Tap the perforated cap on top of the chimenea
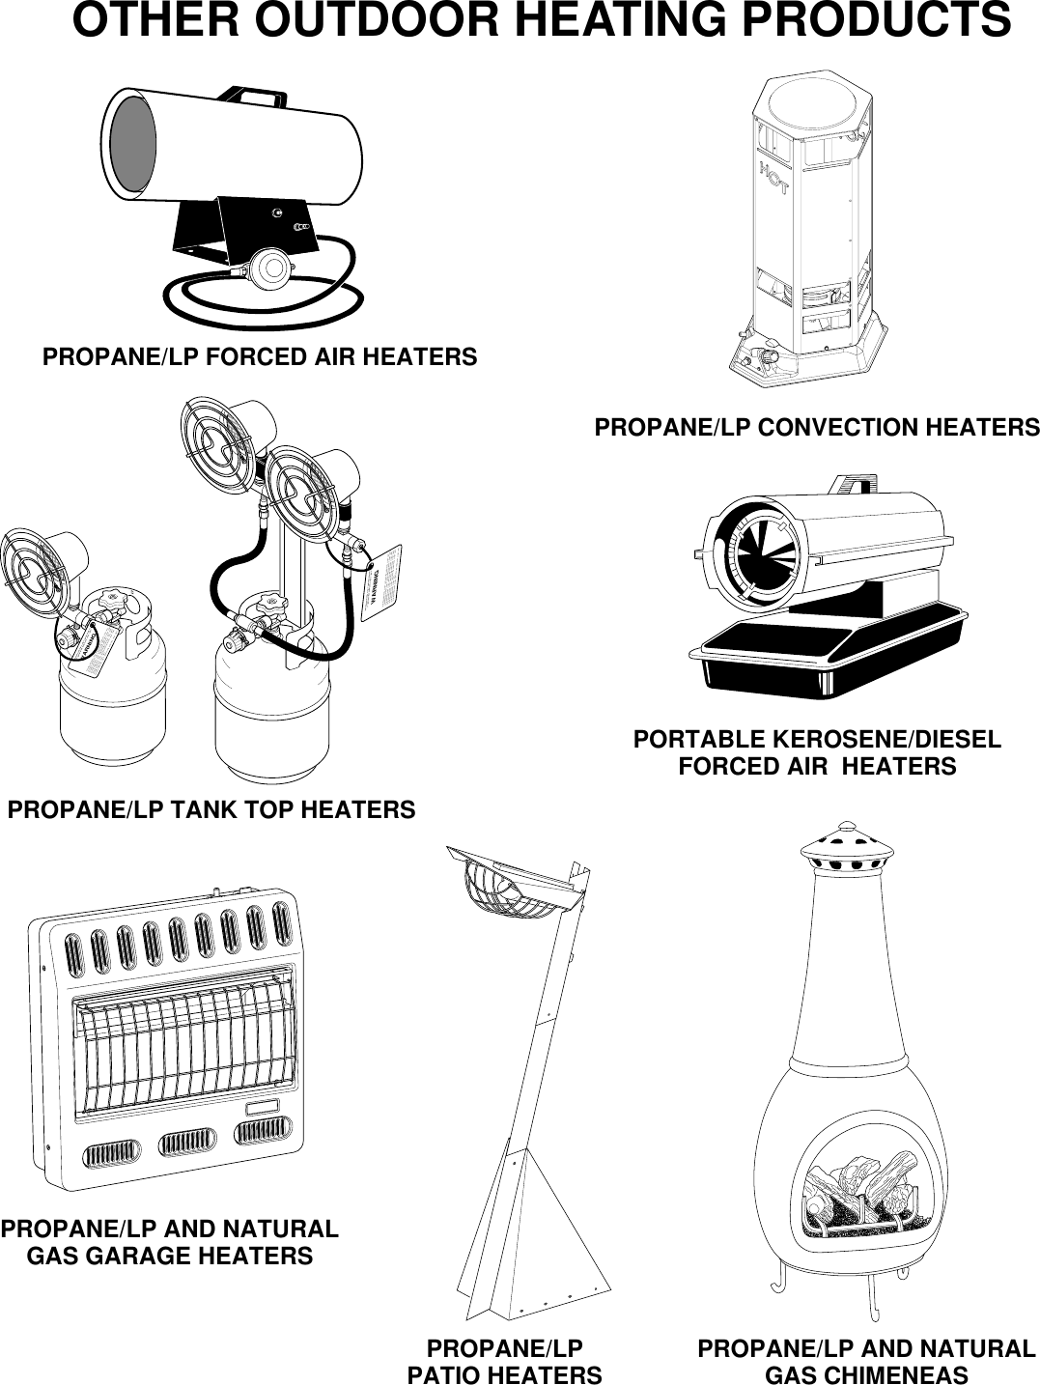845,850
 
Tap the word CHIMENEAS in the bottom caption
866,1374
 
